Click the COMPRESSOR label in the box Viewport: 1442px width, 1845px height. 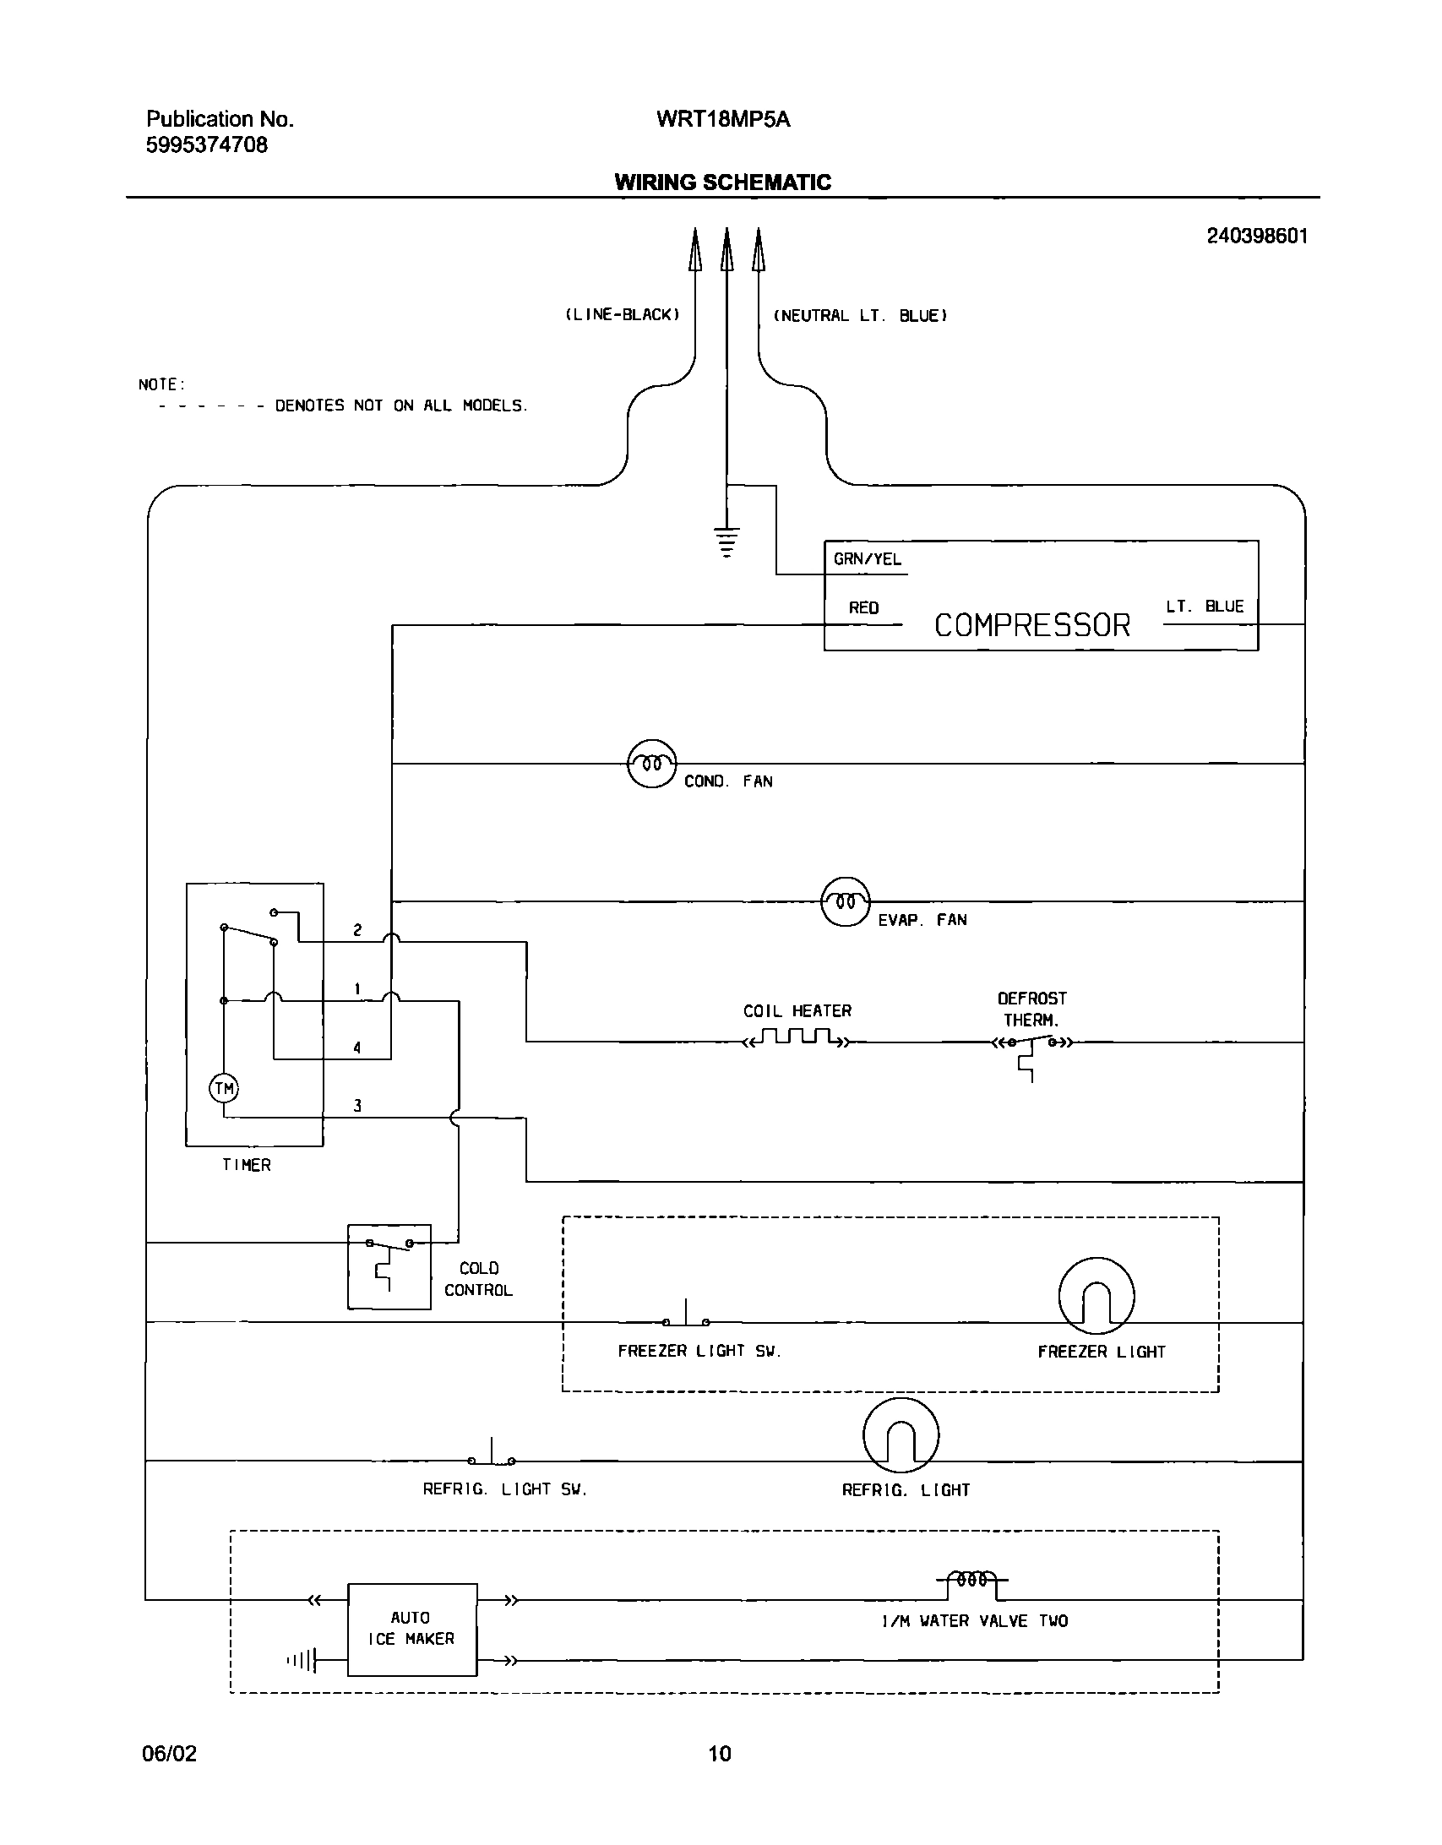tap(1031, 625)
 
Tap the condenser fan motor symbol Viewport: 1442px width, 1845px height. tap(651, 764)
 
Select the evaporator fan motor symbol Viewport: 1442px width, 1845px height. tap(845, 901)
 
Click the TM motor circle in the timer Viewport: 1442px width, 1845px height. tap(224, 1089)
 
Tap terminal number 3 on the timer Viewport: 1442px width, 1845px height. tap(357, 1106)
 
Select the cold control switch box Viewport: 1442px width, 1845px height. tap(389, 1266)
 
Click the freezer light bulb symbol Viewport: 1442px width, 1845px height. tap(1096, 1296)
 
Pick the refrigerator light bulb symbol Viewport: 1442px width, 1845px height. tap(901, 1434)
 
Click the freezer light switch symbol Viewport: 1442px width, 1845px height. tap(686, 1320)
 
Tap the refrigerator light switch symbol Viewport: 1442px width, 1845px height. tap(492, 1457)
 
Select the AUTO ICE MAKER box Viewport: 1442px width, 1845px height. tap(411, 1629)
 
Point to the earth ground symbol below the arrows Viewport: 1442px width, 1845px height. tap(726, 542)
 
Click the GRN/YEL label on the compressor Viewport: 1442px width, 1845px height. tap(867, 559)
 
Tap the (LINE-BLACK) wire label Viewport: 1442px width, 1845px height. tap(622, 315)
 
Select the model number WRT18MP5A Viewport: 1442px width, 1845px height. tap(722, 119)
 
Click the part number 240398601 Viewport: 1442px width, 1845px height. tap(1256, 237)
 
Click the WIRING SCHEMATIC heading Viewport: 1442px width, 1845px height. tap(722, 182)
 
